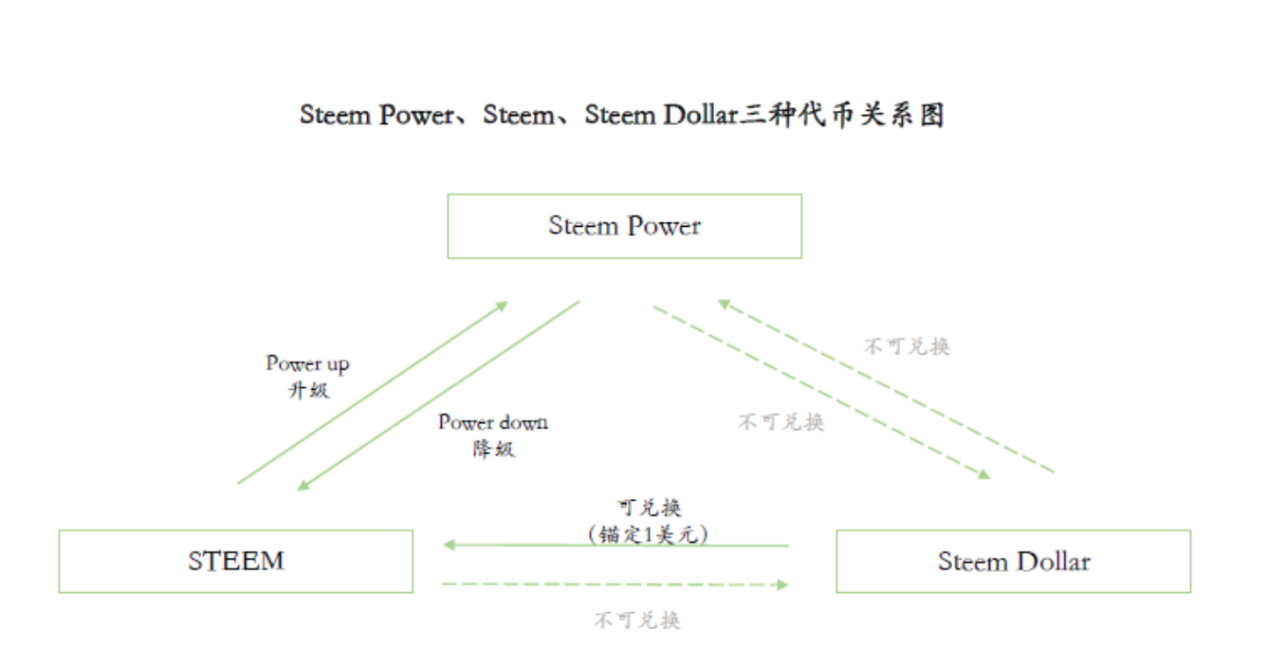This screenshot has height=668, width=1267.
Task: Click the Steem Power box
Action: coord(624,226)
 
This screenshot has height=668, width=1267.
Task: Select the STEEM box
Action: coord(235,561)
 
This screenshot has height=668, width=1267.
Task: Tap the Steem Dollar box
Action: coord(1013,561)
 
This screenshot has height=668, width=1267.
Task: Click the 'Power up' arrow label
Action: coord(307,363)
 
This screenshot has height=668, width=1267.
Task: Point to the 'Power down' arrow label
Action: coord(492,422)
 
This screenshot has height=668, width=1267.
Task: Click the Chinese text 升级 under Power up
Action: coord(308,389)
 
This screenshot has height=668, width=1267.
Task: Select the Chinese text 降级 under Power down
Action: coord(493,448)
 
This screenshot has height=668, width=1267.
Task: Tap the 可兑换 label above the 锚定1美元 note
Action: coord(649,509)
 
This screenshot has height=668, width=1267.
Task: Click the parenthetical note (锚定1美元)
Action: coord(649,534)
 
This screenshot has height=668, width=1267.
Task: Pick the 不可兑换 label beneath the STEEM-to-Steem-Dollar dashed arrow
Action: coord(636,621)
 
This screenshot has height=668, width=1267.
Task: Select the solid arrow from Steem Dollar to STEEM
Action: coord(616,546)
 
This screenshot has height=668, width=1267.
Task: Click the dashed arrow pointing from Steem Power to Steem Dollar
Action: coord(820,390)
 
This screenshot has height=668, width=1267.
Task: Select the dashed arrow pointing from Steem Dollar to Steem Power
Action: coord(886,386)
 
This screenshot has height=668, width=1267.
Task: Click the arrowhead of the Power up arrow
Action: coord(502,306)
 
